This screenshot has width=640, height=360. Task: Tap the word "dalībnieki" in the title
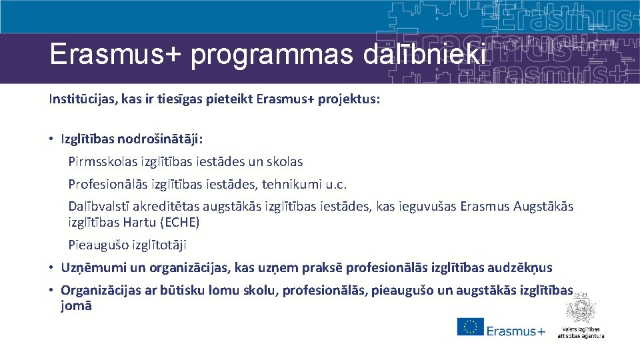425,54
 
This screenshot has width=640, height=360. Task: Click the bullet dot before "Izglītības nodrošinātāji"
51,140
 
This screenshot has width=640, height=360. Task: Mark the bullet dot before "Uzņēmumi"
51,268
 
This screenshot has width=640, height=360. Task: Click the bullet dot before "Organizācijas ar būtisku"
51,291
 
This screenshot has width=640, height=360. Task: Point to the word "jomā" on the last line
76,305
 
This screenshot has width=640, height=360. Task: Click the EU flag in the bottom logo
470,327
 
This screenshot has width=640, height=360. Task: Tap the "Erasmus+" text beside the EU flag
515,331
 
